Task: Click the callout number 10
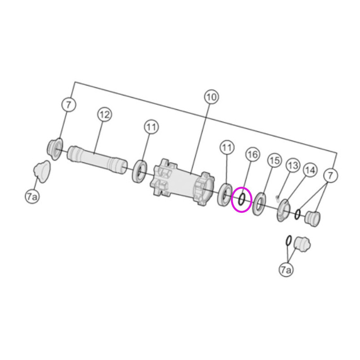[211, 97]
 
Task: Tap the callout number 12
[104, 114]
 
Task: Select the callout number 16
[252, 154]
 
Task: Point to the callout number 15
[274, 161]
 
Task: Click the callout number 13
[293, 165]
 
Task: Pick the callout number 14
[310, 170]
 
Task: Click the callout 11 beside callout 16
[227, 148]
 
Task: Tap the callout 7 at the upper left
[69, 105]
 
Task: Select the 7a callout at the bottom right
[286, 270]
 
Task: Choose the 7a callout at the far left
[32, 197]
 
